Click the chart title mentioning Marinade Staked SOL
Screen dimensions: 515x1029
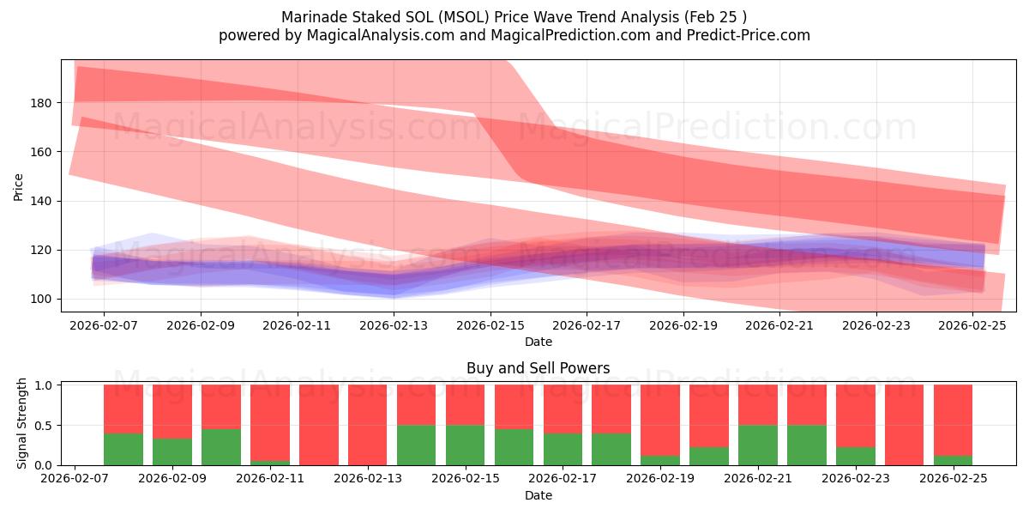[514, 17]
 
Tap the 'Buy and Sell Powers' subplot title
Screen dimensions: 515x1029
[538, 368]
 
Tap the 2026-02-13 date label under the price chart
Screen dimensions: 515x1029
[394, 326]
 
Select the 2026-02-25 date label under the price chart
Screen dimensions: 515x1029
[973, 326]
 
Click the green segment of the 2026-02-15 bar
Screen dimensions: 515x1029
[465, 445]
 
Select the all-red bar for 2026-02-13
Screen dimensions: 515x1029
[367, 425]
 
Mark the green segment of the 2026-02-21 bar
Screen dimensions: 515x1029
[758, 445]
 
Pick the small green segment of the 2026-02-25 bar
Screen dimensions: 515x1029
[953, 460]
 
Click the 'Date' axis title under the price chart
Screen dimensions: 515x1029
[538, 342]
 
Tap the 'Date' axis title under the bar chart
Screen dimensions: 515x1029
[538, 495]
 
